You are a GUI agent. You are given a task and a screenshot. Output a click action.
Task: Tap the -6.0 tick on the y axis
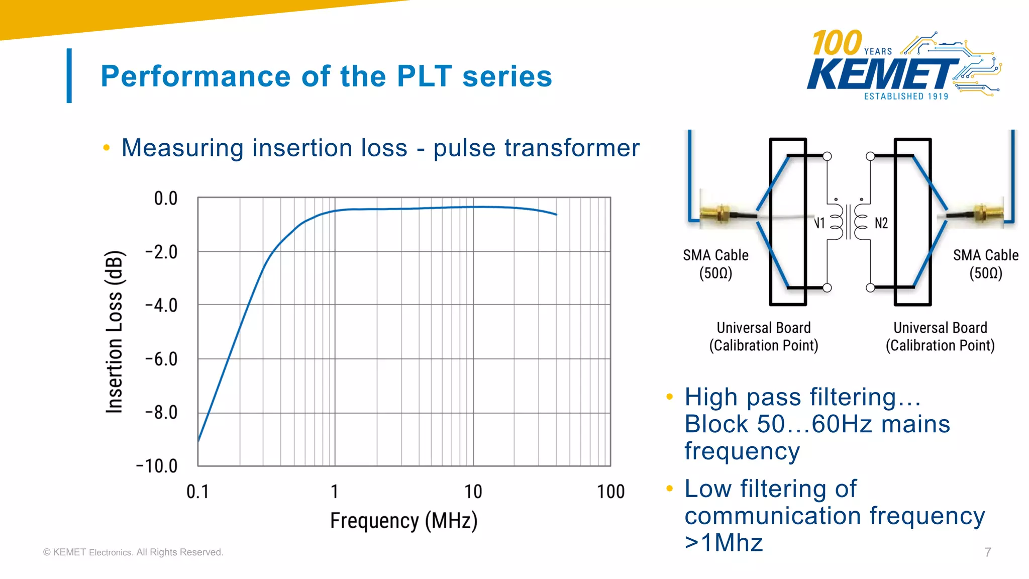click(x=161, y=359)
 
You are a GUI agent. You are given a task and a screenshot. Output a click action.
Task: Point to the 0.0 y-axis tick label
click(x=166, y=199)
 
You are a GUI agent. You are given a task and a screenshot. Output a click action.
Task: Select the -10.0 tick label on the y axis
click(x=157, y=466)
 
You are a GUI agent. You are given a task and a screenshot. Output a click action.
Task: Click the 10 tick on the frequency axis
click(x=473, y=492)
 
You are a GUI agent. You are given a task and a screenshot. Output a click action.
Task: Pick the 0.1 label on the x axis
click(x=197, y=492)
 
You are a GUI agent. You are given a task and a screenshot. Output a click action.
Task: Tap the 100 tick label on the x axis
click(x=610, y=492)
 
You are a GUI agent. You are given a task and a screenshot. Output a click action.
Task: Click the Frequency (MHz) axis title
click(x=403, y=521)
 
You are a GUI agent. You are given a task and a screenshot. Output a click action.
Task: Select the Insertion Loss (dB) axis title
click(x=115, y=332)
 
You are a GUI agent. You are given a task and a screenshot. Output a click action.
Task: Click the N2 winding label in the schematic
click(x=881, y=223)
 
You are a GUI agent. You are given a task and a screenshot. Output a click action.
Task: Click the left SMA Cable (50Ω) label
click(x=715, y=264)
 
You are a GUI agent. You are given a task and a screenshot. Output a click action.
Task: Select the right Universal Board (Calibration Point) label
click(x=940, y=337)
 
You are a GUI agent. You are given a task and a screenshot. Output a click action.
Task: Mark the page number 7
click(x=988, y=552)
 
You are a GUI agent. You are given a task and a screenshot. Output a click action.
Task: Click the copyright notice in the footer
click(x=133, y=552)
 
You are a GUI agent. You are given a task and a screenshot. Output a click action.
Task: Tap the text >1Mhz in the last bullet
click(x=724, y=543)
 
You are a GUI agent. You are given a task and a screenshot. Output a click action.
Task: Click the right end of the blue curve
click(x=556, y=215)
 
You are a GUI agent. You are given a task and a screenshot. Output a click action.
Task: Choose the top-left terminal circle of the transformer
click(x=827, y=156)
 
